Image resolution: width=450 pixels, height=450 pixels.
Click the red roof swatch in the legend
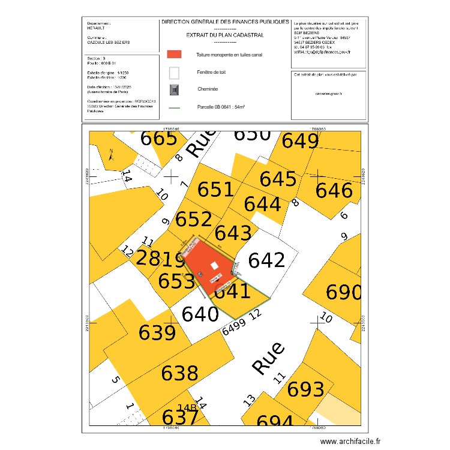[174, 53]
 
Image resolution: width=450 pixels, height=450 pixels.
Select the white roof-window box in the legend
[174, 73]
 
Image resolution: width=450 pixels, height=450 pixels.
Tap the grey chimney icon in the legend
[174, 90]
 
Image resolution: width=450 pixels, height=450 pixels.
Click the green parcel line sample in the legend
[174, 109]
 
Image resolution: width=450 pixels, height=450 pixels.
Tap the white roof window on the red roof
[214, 266]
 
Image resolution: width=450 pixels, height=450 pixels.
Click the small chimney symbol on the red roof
[200, 275]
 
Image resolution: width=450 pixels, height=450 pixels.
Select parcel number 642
[266, 260]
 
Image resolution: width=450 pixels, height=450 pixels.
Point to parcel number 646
[334, 191]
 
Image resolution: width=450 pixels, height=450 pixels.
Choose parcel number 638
[179, 373]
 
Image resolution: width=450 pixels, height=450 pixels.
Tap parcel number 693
[306, 389]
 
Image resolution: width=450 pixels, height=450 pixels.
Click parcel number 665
[159, 138]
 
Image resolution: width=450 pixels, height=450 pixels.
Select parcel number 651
[216, 189]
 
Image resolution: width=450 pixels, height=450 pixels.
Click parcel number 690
[343, 293]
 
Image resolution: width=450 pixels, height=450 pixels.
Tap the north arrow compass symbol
[112, 155]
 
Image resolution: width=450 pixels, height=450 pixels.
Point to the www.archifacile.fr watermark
[350, 441]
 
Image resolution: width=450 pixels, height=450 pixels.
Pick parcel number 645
[278, 179]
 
